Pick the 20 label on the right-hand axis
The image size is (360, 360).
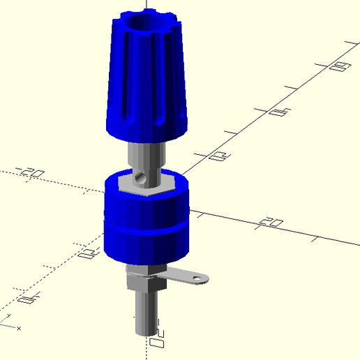click(271, 223)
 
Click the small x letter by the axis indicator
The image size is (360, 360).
click(19, 327)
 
